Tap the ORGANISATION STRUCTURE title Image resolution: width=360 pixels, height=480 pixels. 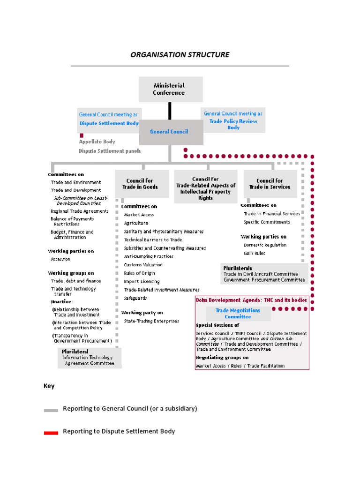[180, 54]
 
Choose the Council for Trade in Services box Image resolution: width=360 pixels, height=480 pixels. [270, 184]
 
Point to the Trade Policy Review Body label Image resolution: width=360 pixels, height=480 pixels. [233, 124]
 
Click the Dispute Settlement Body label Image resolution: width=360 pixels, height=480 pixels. [109, 123]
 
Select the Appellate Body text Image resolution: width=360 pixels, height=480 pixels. [97, 142]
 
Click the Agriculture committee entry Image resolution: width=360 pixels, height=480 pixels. [136, 223]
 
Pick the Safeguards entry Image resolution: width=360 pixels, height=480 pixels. [135, 298]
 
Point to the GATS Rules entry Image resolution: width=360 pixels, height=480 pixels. [254, 254]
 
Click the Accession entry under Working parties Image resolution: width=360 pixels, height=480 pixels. [61, 259]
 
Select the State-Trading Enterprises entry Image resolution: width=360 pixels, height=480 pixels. [151, 321]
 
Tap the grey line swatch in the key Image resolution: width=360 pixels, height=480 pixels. [51, 410]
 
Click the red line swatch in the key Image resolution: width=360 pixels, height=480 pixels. [51, 433]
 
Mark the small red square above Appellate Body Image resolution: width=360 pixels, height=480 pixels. [82, 135]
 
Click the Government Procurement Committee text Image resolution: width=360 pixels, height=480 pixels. [264, 280]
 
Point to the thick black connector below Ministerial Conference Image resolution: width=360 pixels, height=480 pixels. [170, 111]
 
